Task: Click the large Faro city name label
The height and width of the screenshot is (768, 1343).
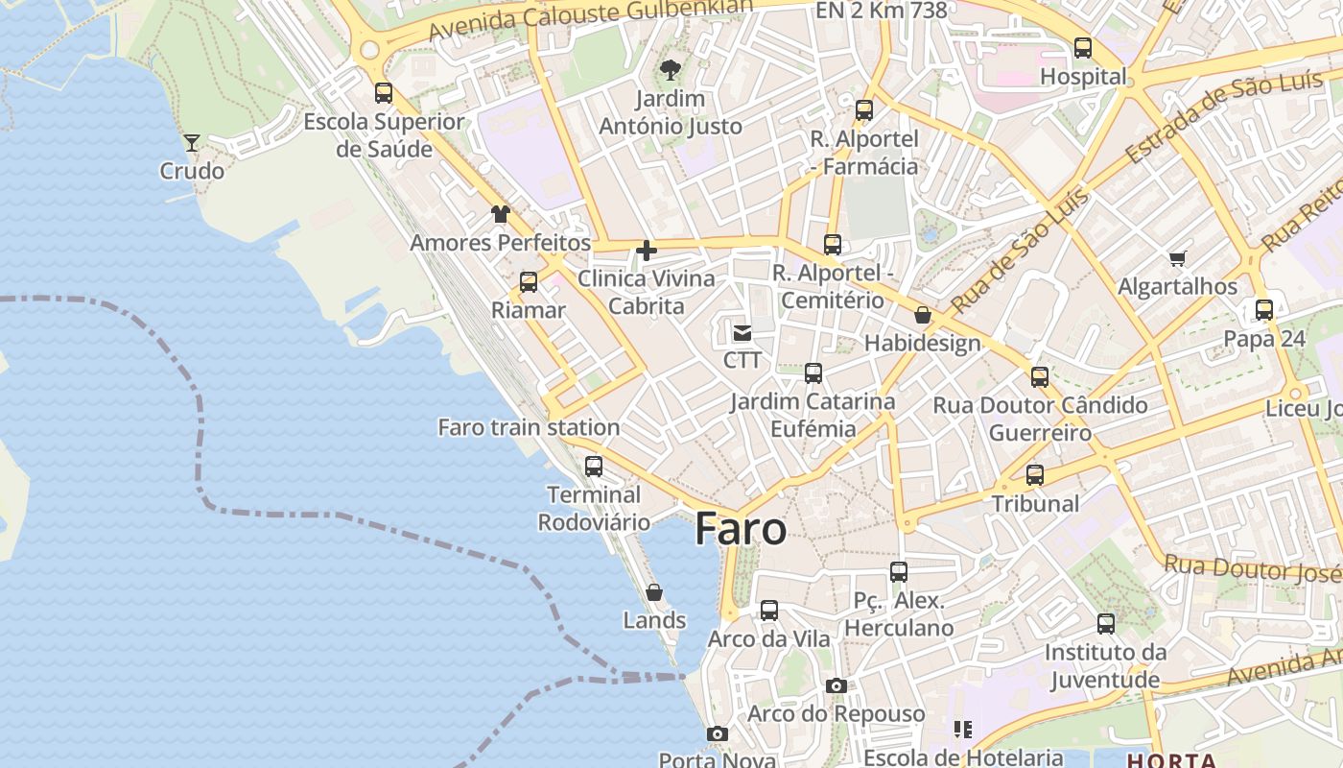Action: (740, 529)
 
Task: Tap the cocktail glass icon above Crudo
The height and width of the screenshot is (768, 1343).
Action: (192, 143)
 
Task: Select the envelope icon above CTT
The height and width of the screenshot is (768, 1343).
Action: (742, 333)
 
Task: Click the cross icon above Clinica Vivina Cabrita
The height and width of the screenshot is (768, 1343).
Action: (647, 252)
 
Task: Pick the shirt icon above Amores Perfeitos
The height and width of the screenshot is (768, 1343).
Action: (500, 214)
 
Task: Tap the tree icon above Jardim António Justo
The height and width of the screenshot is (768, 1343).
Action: (671, 70)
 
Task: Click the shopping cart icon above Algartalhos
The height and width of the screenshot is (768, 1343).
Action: (1177, 258)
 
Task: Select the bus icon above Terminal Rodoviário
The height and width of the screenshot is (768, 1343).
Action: (594, 467)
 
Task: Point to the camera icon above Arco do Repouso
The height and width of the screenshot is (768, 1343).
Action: (836, 685)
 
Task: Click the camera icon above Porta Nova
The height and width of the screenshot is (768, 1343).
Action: (717, 733)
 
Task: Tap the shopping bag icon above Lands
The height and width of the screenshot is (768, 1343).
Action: (654, 592)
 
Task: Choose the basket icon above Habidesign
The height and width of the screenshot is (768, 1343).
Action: (923, 315)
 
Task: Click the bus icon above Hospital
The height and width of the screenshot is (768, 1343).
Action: (1083, 48)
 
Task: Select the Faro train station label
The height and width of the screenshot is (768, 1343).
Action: (529, 427)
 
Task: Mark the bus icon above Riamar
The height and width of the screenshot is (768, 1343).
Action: (529, 282)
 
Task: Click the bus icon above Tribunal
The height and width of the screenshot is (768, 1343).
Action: (1035, 475)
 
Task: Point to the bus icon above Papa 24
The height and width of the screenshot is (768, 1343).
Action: (1264, 310)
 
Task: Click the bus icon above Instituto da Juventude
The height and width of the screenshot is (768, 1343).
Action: (1106, 624)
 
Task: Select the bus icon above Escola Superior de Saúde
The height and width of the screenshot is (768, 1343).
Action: (384, 93)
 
